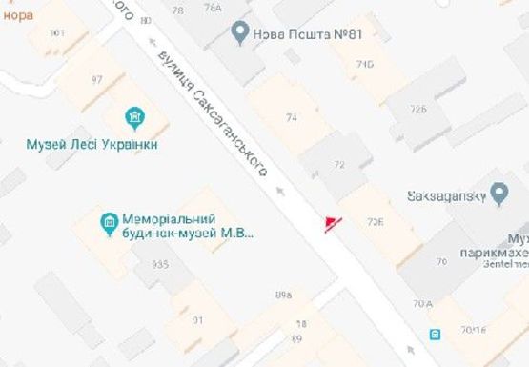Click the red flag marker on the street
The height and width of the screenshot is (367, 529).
point(331,223)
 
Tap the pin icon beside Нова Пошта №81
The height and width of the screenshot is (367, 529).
point(241,34)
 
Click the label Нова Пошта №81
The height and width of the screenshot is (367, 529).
point(307,35)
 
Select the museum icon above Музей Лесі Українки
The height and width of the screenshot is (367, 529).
point(135,118)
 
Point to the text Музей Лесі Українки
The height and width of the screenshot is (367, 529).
point(92,144)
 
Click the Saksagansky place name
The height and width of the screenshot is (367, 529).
point(445,196)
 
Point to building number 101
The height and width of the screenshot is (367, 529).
point(56,33)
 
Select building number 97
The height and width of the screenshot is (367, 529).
point(96,78)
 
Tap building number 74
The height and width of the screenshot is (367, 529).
point(292,117)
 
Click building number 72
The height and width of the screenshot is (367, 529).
point(338,165)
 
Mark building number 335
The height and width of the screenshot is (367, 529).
point(159,264)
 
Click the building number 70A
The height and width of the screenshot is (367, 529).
point(421,304)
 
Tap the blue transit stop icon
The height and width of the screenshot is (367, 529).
point(435,334)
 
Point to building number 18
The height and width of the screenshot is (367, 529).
point(301,325)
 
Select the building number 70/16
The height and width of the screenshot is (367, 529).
point(473,330)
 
